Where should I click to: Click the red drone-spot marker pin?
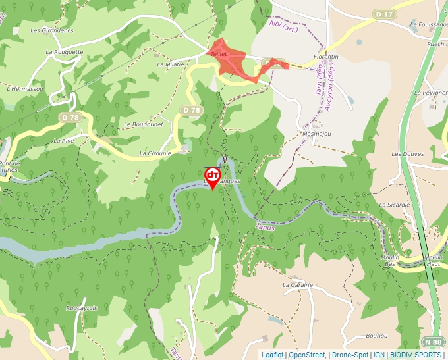click(213, 176)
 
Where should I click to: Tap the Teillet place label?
click(218, 53)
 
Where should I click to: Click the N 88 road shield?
click(433, 342)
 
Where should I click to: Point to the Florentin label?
click(326, 57)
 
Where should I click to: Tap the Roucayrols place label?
click(82, 308)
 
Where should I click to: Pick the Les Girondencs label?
click(52, 30)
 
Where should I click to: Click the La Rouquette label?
click(65, 51)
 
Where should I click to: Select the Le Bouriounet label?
click(143, 124)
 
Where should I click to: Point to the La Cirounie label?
click(155, 153)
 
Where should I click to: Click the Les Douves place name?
click(408, 153)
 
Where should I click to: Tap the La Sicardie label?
click(395, 205)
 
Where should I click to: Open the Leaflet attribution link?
click(272, 355)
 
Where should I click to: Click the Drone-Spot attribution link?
click(350, 355)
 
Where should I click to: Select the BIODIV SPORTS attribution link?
click(416, 355)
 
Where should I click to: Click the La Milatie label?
click(171, 64)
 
